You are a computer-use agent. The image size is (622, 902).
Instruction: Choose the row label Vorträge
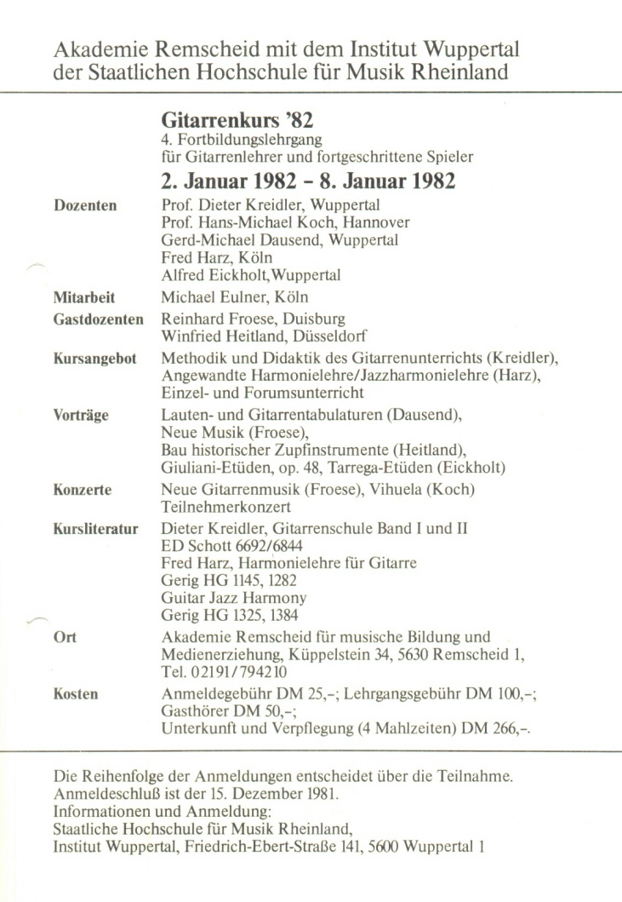(x=80, y=414)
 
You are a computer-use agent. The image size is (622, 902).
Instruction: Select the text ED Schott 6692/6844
(x=225, y=549)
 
